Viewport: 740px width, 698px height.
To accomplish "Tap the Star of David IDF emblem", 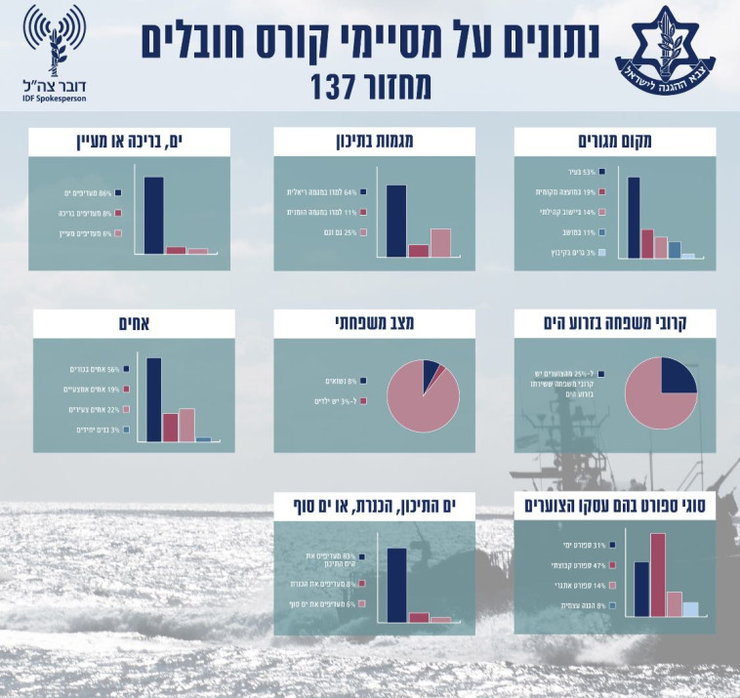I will (674, 49).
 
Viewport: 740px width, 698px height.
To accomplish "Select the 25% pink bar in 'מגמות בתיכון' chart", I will (440, 242).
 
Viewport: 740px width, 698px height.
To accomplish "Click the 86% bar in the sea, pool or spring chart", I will (153, 215).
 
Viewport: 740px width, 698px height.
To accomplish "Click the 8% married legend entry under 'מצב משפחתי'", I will (338, 380).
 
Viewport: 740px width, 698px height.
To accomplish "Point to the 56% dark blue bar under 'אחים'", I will (153, 399).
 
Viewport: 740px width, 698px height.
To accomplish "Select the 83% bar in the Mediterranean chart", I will (396, 584).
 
